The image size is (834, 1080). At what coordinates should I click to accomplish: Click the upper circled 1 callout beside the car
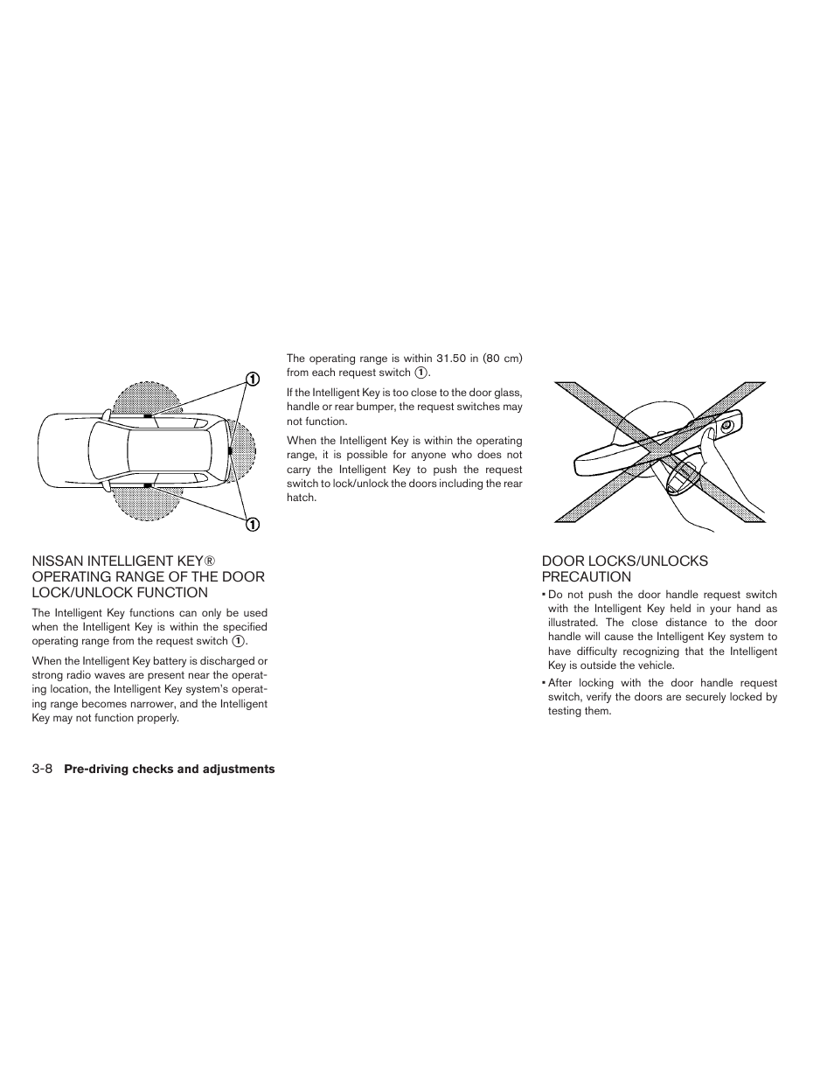[251, 379]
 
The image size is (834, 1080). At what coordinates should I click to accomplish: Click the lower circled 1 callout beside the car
[251, 525]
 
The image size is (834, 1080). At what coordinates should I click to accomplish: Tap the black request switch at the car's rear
[229, 450]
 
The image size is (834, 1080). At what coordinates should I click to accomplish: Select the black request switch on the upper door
[148, 414]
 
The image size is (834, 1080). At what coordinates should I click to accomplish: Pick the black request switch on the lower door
[148, 484]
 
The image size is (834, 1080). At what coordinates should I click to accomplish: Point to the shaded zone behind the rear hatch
[245, 450]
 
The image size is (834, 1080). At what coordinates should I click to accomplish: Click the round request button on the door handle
[725, 427]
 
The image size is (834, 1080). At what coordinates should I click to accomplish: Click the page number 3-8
[43, 770]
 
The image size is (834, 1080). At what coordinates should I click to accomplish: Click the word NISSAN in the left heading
[59, 561]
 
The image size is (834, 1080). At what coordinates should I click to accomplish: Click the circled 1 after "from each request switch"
[420, 373]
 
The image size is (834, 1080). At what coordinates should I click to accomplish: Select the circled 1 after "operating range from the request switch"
[238, 642]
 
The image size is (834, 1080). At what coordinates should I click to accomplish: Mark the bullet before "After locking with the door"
[543, 683]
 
